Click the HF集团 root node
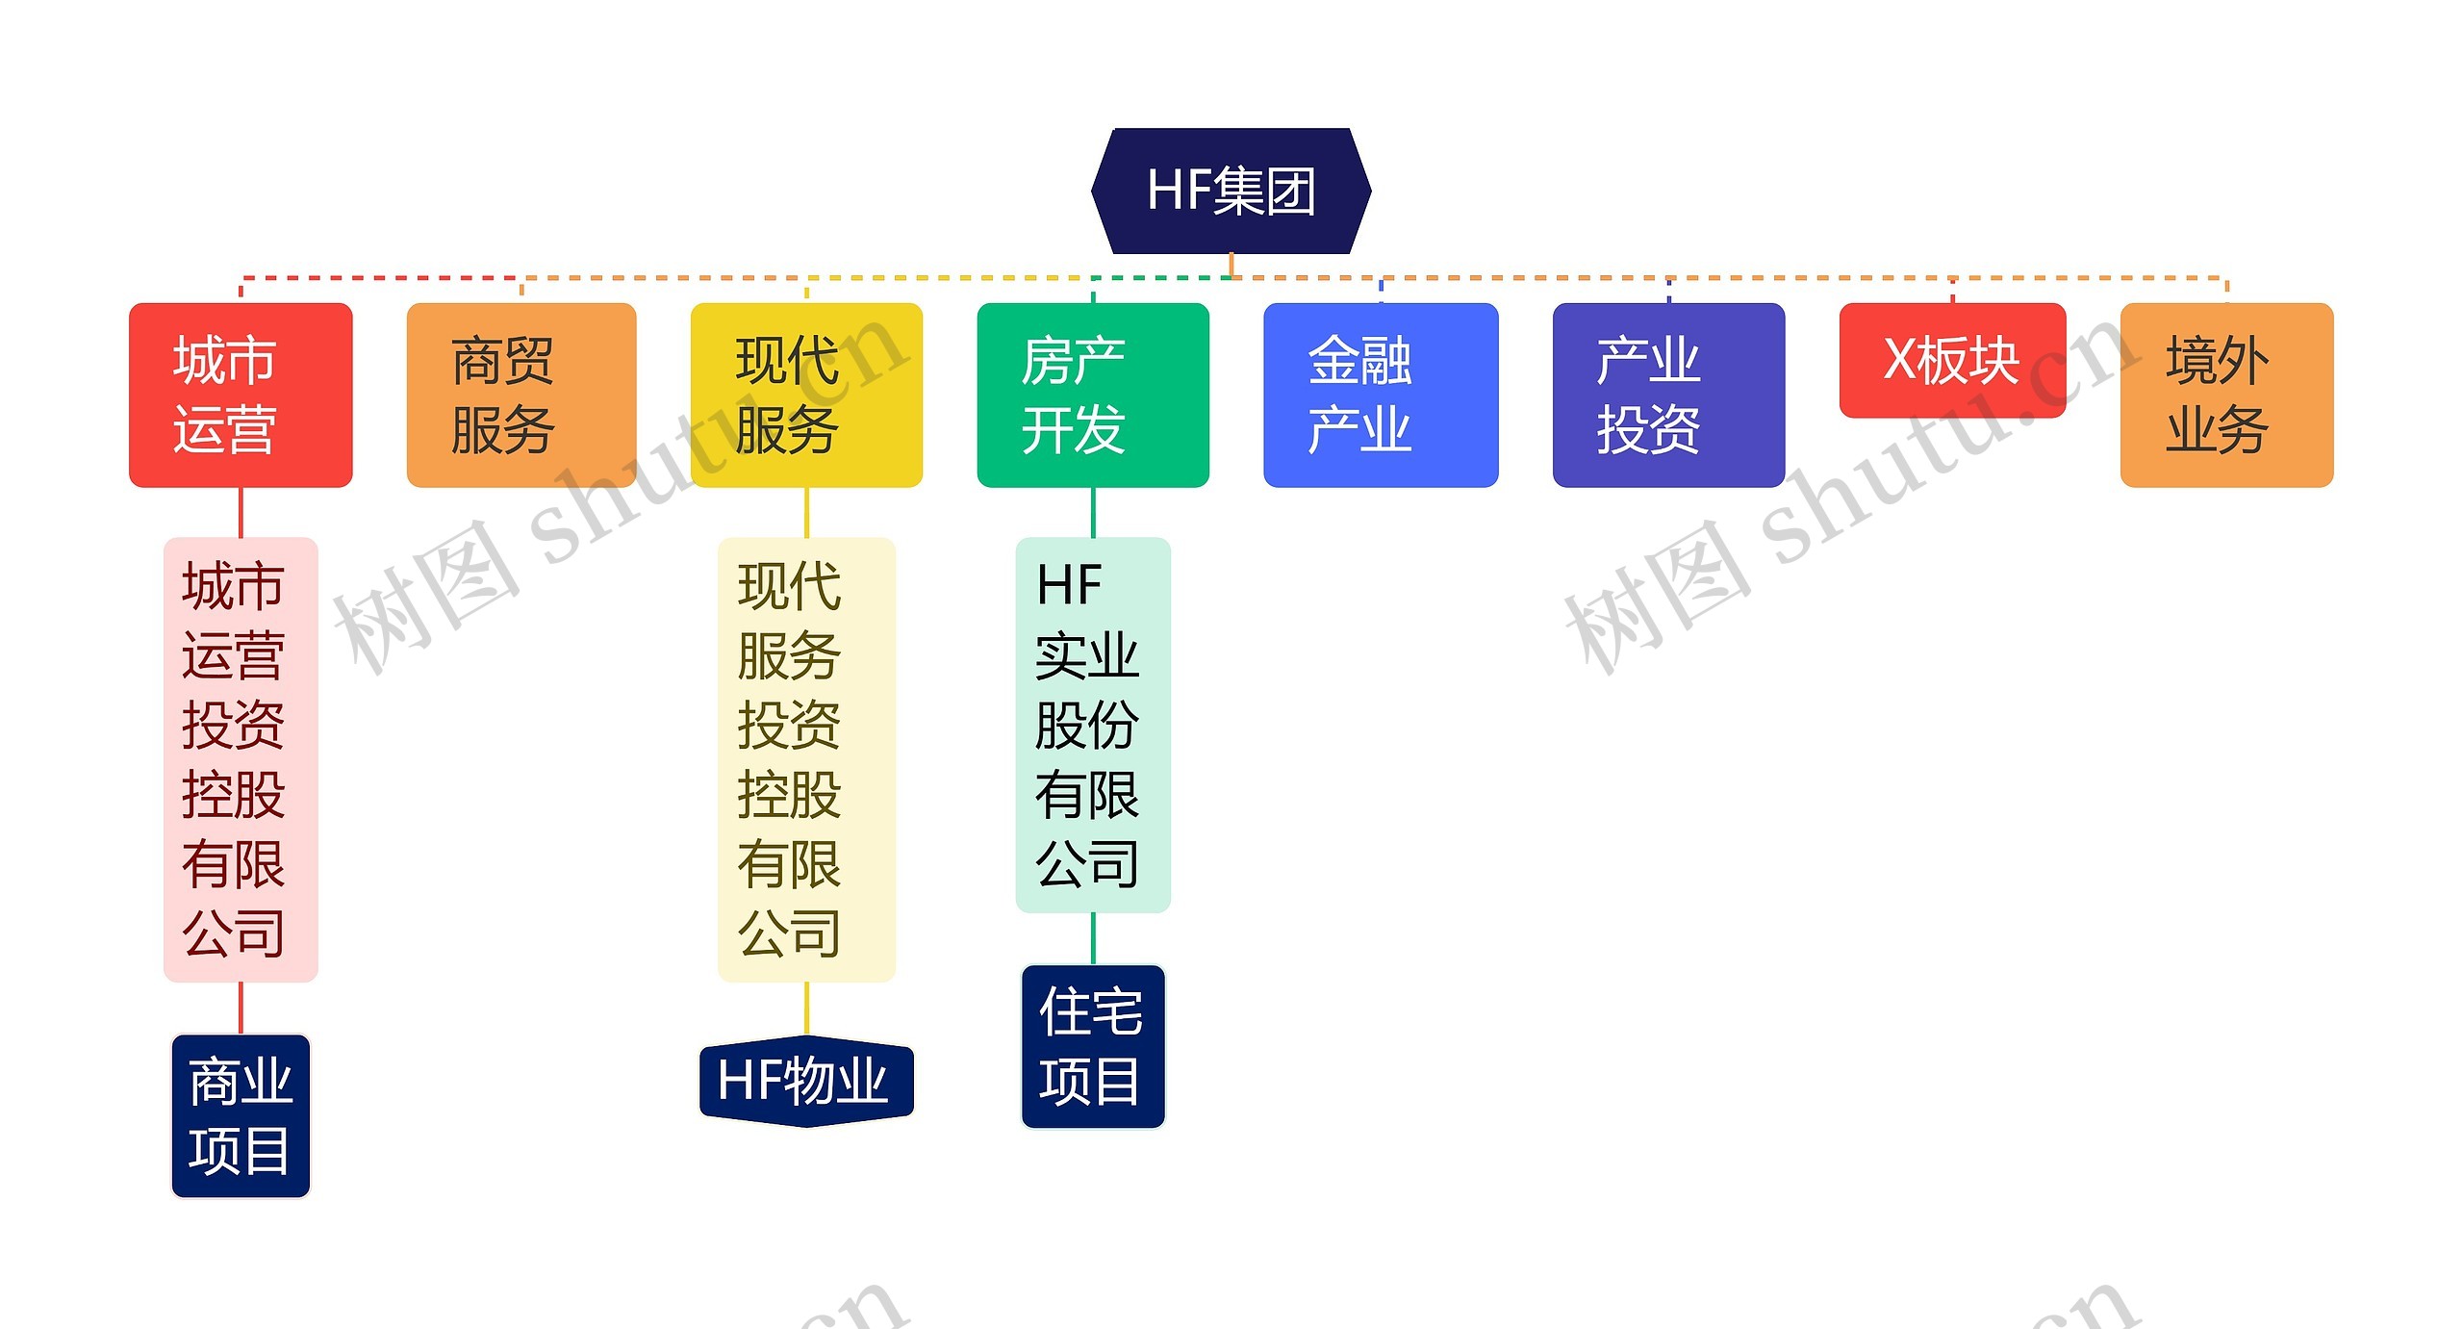(1231, 191)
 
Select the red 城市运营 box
(241, 395)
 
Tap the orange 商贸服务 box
(521, 395)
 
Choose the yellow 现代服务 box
(806, 395)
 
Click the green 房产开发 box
(1093, 395)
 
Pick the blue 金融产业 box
(1380, 395)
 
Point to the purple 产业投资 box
(1668, 395)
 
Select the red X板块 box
(1952, 360)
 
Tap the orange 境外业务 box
(2226, 395)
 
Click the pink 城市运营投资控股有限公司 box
(241, 759)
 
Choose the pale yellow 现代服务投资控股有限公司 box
(806, 759)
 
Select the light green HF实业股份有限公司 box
(1093, 725)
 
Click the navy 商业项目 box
(241, 1116)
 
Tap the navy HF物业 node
(806, 1081)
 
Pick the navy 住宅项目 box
(1093, 1046)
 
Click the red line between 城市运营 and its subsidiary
(241, 512)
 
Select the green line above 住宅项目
(1093, 938)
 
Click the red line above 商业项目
(241, 1008)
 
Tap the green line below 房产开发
(1093, 512)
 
